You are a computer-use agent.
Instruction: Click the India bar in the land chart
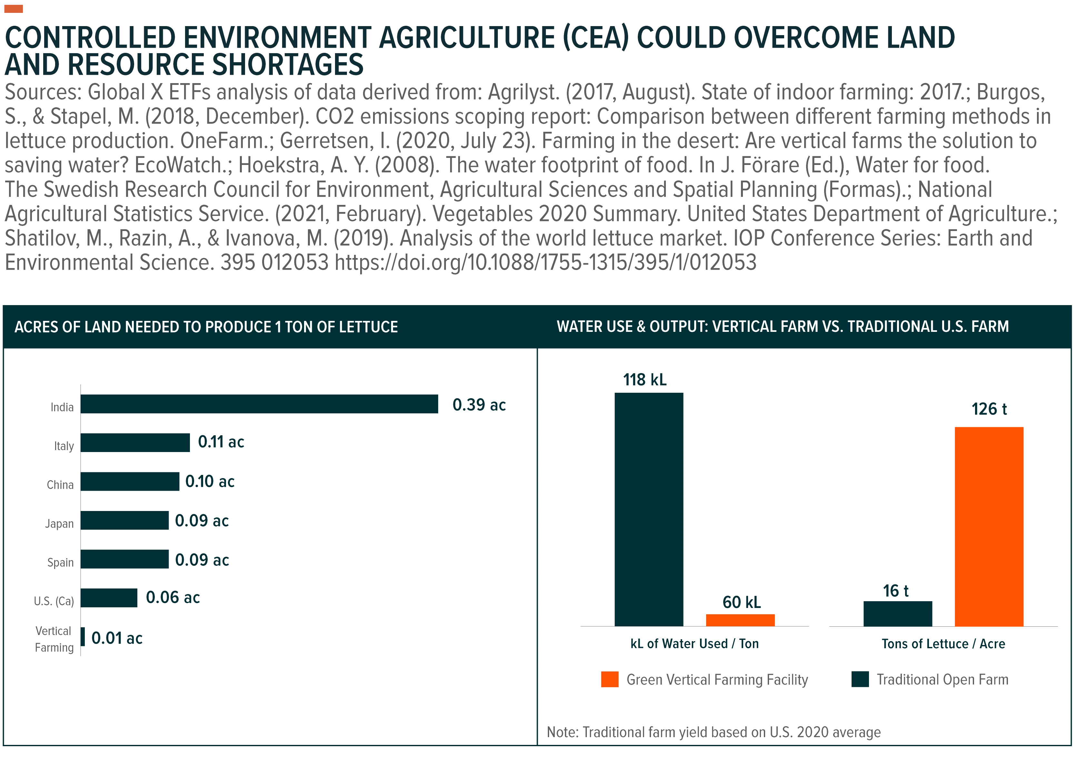(259, 404)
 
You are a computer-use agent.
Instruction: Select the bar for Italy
(135, 443)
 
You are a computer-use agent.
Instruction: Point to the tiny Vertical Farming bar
(83, 637)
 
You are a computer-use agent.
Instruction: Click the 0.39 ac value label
(479, 405)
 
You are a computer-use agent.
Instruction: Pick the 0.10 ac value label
(210, 481)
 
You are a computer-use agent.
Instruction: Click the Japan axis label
(60, 524)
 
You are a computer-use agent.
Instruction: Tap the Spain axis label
(61, 562)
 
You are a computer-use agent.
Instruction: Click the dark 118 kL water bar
(649, 509)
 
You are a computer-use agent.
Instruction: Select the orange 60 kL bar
(740, 620)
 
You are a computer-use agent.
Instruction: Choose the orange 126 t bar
(989, 527)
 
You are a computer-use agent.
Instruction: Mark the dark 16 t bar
(898, 613)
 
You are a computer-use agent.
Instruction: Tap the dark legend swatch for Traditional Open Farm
(860, 679)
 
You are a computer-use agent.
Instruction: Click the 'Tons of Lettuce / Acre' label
(943, 644)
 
